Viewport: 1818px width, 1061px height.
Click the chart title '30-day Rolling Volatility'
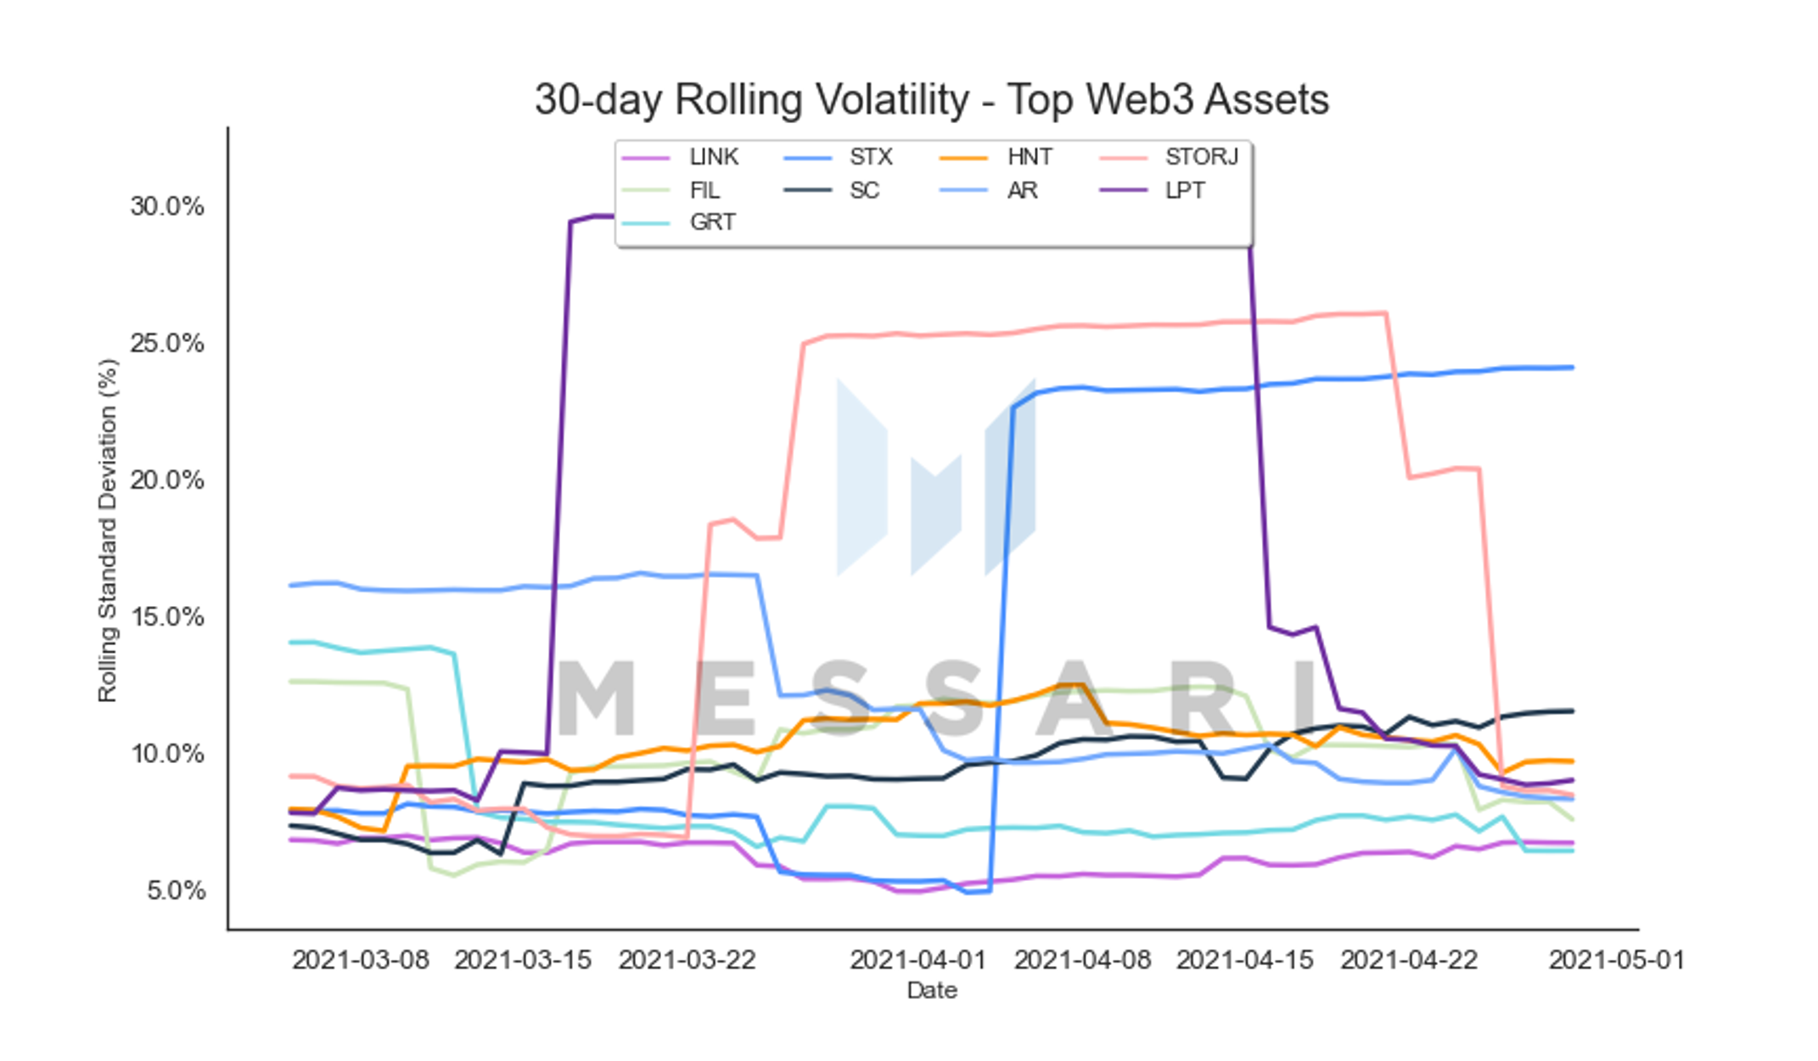(752, 100)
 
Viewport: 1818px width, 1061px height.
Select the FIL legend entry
(671, 190)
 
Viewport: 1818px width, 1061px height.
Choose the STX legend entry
(838, 157)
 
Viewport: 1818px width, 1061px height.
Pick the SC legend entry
(831, 190)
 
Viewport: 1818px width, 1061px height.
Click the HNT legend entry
(996, 157)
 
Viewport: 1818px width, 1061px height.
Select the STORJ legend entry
(1169, 157)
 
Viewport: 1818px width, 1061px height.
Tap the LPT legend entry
(1152, 190)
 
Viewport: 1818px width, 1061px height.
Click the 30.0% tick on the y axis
(167, 206)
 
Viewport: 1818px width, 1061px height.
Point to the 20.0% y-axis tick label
(167, 480)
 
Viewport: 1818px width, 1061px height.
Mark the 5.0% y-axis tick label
(176, 890)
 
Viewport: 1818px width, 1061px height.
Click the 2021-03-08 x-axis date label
(361, 960)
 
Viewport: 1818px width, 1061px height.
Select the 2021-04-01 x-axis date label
(918, 960)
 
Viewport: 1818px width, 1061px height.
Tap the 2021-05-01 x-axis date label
(1617, 960)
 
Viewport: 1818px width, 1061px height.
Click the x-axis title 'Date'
(932, 991)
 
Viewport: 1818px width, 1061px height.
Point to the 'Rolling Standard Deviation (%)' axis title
(108, 530)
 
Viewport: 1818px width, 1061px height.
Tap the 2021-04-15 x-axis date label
(1245, 960)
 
